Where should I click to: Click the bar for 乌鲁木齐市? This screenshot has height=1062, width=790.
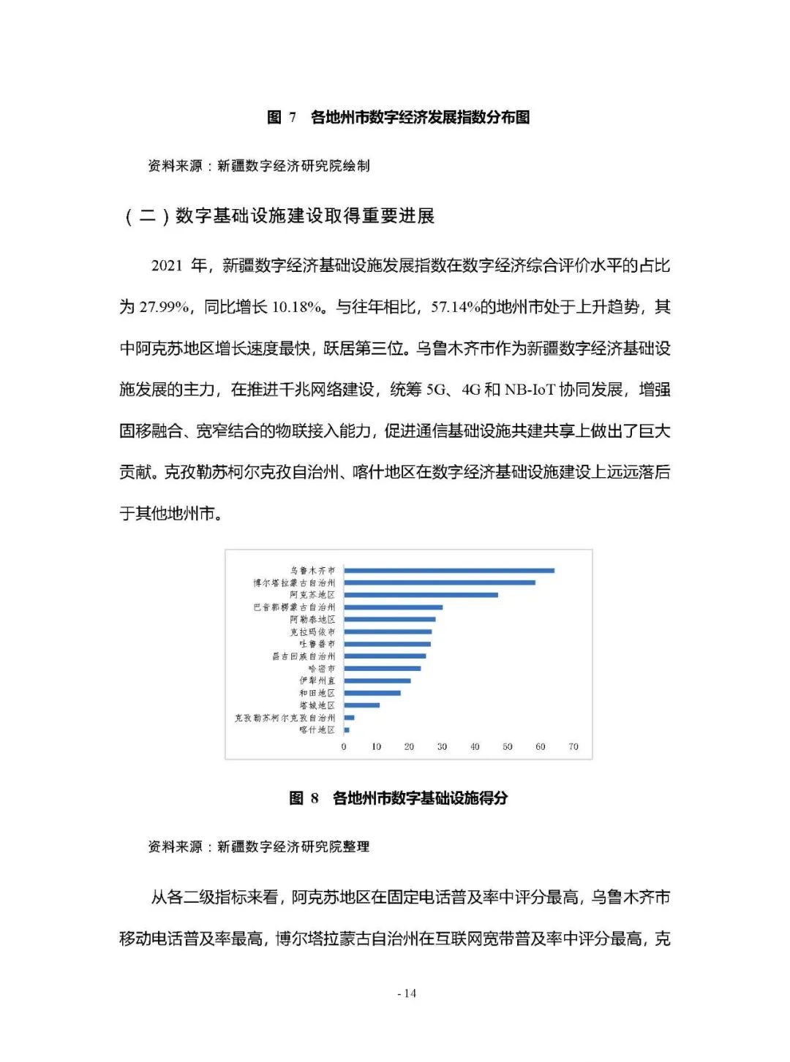tap(449, 570)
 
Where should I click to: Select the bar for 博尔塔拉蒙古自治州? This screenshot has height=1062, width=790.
tap(440, 583)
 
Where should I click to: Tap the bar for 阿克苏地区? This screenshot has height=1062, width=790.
tap(421, 595)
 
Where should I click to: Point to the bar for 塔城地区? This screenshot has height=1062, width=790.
tap(362, 705)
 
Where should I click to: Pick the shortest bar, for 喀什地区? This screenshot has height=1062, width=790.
tap(347, 730)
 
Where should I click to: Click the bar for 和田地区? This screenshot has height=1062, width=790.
tap(372, 693)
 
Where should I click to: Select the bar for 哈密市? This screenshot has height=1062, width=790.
tap(383, 668)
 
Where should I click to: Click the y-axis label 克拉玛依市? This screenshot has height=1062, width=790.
tap(312, 631)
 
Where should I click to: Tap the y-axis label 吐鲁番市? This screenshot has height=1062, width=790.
tap(317, 644)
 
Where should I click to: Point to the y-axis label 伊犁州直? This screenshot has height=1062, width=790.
tap(317, 680)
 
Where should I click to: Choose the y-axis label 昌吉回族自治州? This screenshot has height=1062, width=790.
tap(304, 656)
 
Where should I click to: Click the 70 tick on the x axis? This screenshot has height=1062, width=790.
tap(573, 747)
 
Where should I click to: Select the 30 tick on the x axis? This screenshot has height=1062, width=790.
tap(442, 747)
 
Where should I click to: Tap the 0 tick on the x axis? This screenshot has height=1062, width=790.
tap(344, 747)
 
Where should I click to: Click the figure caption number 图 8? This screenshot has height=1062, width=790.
tap(304, 798)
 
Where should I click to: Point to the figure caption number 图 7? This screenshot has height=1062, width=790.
tap(282, 118)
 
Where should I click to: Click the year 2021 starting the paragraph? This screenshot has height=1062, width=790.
tap(167, 265)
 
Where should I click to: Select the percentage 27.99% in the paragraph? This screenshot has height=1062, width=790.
tap(164, 307)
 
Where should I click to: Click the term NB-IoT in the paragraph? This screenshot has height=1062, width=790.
tap(530, 390)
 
